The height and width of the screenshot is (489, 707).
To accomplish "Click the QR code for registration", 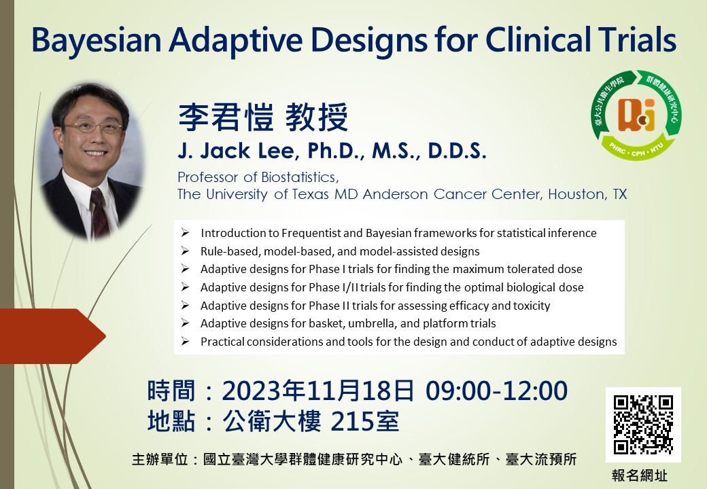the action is pyautogui.click(x=643, y=424).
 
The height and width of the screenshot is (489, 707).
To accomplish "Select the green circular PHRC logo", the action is pyautogui.click(x=636, y=115).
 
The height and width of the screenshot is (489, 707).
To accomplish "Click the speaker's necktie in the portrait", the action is pyautogui.click(x=99, y=212).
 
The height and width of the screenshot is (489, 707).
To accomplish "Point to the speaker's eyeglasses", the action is pyautogui.click(x=93, y=128).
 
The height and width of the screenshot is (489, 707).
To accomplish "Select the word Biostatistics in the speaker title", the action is pyautogui.click(x=300, y=177).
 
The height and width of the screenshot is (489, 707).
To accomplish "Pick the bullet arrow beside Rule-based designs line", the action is pyautogui.click(x=185, y=251).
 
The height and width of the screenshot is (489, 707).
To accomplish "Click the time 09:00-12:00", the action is pyautogui.click(x=496, y=391).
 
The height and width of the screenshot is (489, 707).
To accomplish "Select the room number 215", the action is pyautogui.click(x=347, y=422).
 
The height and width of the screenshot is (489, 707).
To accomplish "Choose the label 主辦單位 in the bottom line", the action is pyautogui.click(x=160, y=459).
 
